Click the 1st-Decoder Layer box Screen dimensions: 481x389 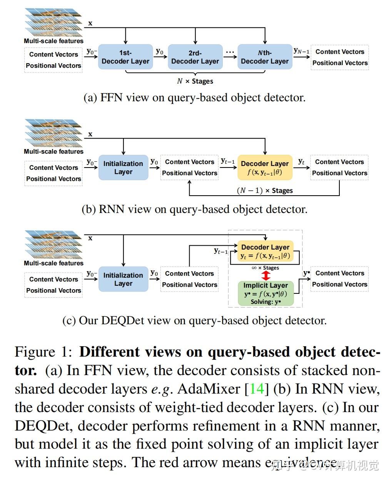tap(125, 57)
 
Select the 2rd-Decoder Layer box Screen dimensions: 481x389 tap(195, 57)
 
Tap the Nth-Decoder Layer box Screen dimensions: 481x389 tap(265, 57)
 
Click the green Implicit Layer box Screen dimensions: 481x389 tap(265, 293)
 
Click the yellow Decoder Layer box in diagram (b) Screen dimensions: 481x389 tap(265, 168)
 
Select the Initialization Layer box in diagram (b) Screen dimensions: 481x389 tap(123, 168)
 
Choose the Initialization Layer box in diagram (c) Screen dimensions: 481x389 tap(123, 279)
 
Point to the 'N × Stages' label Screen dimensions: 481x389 tap(195, 81)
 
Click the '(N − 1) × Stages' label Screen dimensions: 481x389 tap(265, 191)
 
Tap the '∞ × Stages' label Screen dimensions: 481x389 tap(265, 268)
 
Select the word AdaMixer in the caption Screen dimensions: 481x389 tap(209, 389)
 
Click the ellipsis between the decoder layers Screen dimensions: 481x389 tap(230, 52)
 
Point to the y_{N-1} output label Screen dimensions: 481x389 tap(301, 50)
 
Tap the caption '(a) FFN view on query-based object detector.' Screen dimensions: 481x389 tap(194, 98)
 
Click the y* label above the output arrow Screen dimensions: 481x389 tap(306, 273)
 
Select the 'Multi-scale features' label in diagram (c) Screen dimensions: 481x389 tap(53, 263)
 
